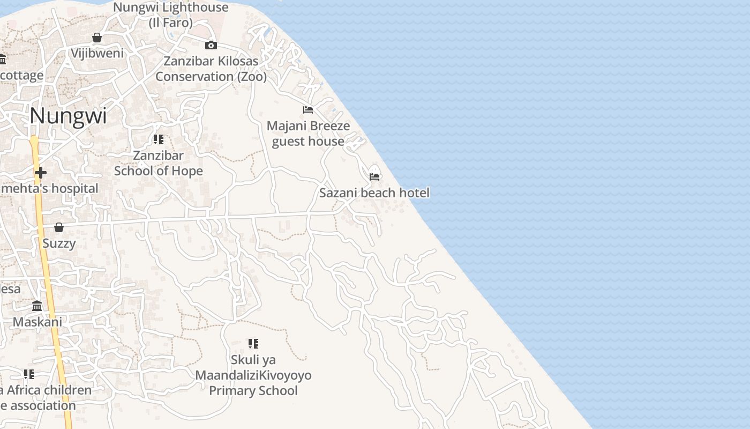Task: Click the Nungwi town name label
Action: tap(68, 116)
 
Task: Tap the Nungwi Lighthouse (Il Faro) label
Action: tap(171, 15)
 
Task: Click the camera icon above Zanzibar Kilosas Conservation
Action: tap(211, 45)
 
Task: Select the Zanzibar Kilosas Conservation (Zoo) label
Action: tap(211, 69)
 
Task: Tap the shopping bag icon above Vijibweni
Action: tap(97, 38)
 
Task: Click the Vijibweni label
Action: tap(97, 53)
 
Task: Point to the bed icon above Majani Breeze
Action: tap(308, 110)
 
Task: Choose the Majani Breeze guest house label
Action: tap(308, 134)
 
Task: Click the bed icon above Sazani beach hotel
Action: tap(374, 176)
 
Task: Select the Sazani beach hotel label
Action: tap(374, 193)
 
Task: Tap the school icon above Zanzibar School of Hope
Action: tap(159, 139)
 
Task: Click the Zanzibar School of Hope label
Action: tap(159, 163)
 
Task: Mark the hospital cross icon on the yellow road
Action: tap(40, 172)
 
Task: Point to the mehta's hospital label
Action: tap(50, 188)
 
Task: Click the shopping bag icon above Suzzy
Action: tap(59, 227)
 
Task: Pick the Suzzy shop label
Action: tap(59, 243)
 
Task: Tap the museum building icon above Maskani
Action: tap(37, 306)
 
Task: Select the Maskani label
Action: tap(37, 322)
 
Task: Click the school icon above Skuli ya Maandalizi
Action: tap(253, 343)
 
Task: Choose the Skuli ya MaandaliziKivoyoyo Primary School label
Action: tap(253, 375)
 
